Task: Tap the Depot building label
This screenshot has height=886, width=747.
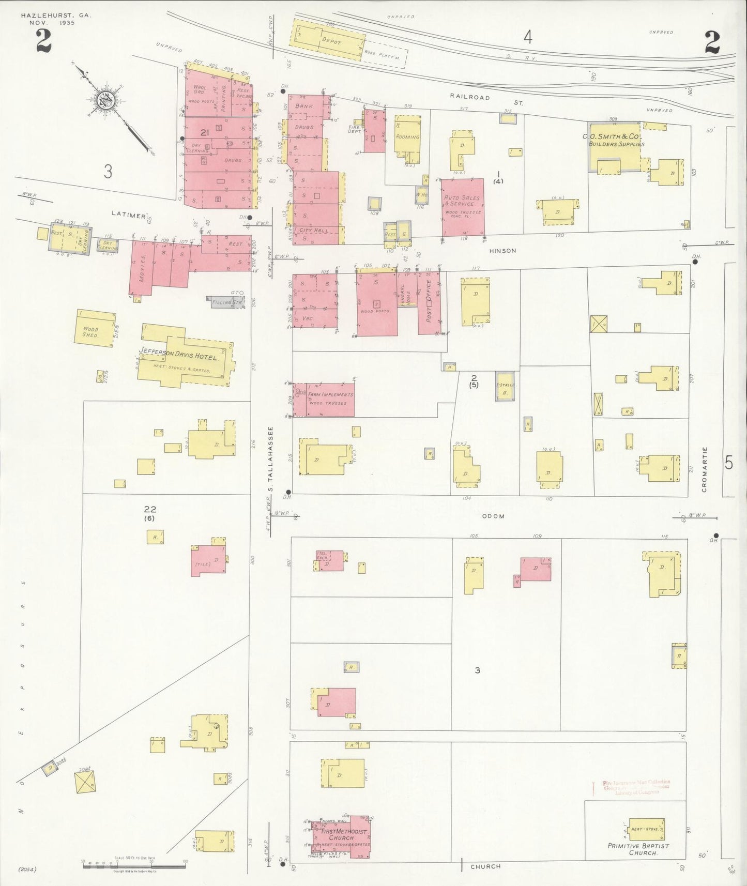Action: (x=331, y=41)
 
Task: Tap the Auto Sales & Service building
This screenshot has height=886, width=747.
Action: (x=462, y=207)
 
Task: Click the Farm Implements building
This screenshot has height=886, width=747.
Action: (x=330, y=399)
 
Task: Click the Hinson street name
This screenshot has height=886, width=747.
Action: (x=502, y=251)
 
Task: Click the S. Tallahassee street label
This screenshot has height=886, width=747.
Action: (x=270, y=460)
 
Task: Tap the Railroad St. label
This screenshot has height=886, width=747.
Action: (x=485, y=98)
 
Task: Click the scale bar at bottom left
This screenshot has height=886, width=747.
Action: (x=133, y=866)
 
